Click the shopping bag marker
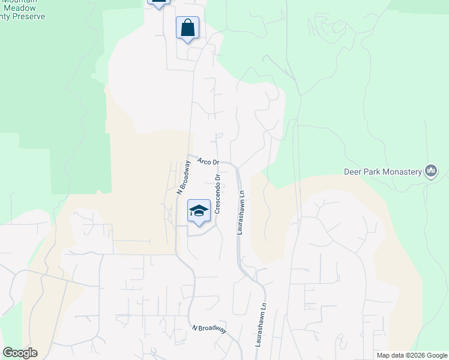[187, 28]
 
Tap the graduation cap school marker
[199, 211]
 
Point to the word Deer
[352, 172]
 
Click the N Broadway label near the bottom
[209, 329]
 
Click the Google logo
[20, 353]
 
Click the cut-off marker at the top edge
[158, 3]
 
